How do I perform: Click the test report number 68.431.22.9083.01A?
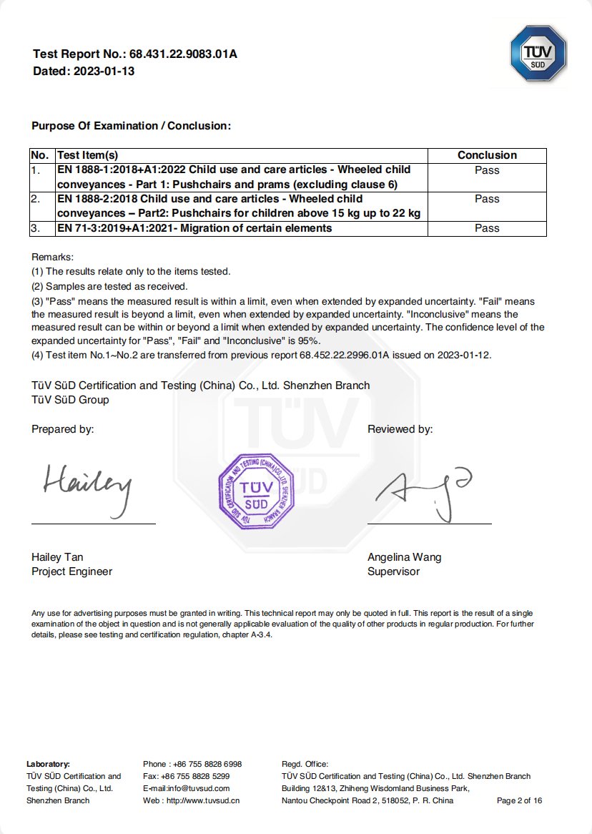(183, 54)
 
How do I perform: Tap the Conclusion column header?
(487, 155)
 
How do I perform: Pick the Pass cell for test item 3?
(487, 228)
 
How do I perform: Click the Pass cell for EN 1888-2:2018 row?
(487, 199)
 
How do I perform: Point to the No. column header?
(40, 155)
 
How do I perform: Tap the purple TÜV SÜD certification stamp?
(256, 491)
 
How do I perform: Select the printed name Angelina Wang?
(404, 557)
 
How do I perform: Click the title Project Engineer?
(71, 571)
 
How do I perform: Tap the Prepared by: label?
(63, 429)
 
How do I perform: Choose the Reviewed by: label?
(400, 429)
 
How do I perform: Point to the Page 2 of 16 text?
(519, 800)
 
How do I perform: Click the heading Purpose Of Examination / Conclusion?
(131, 126)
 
